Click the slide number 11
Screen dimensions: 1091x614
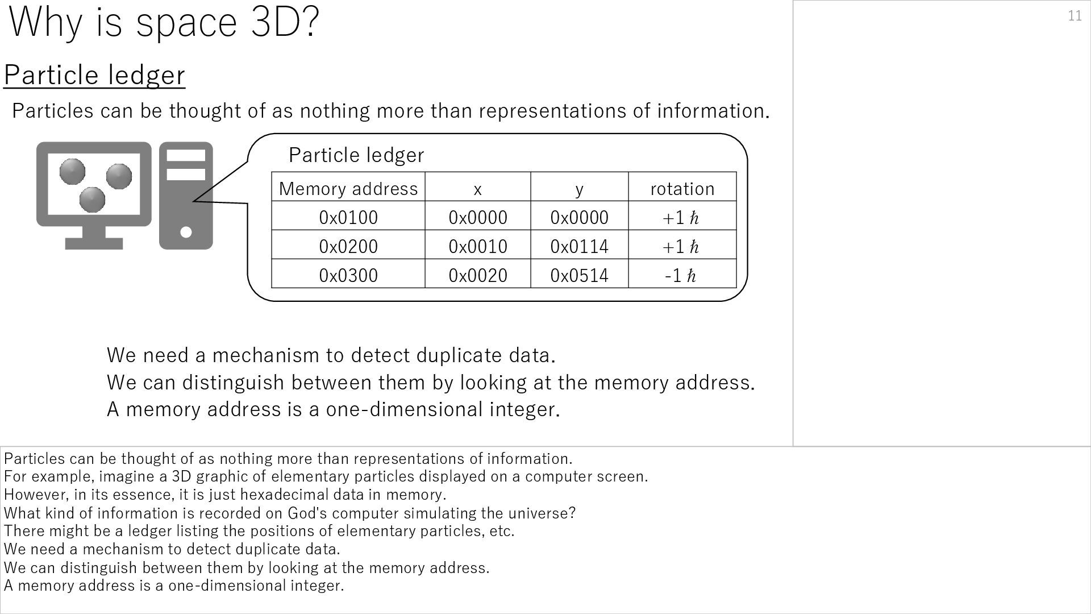pyautogui.click(x=1075, y=16)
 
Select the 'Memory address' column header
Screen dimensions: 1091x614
pyautogui.click(x=348, y=189)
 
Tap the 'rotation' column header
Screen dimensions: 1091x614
pyautogui.click(x=682, y=189)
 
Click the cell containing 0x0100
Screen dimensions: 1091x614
pyautogui.click(x=348, y=217)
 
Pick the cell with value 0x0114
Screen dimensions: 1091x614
pyautogui.click(x=579, y=246)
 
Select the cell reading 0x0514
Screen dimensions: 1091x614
pyautogui.click(x=579, y=275)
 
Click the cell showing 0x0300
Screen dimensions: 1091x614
pyautogui.click(x=348, y=275)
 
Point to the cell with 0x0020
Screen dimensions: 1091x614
pyautogui.click(x=477, y=275)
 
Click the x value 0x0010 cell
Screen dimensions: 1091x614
pyautogui.click(x=477, y=246)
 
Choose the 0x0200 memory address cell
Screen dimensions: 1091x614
pyautogui.click(x=348, y=246)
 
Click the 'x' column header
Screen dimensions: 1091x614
pyautogui.click(x=477, y=189)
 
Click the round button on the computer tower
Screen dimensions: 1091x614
pyautogui.click(x=186, y=232)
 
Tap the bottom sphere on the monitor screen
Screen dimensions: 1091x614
pyautogui.click(x=92, y=199)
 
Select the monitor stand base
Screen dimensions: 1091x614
pyautogui.click(x=94, y=243)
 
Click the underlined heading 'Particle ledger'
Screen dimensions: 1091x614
pyautogui.click(x=94, y=75)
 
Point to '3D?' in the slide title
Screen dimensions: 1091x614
pyautogui.click(x=285, y=22)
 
